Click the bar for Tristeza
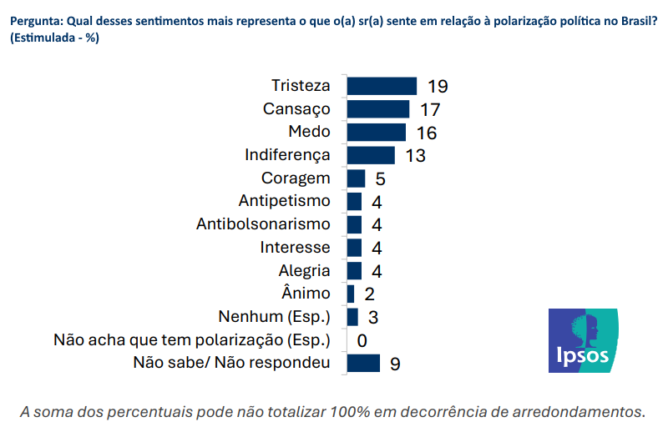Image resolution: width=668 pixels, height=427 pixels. tap(381, 86)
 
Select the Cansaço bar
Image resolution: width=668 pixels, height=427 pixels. tap(377, 109)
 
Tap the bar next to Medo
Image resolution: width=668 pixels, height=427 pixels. tap(376, 133)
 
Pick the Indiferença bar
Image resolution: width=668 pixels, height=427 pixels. tap(370, 155)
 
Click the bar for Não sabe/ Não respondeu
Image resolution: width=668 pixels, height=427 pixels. tap(362, 363)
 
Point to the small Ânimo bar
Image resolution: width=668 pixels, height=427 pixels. tap(350, 294)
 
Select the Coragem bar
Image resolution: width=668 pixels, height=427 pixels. tap(356, 178)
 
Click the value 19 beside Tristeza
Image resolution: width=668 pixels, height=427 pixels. tap(438, 87)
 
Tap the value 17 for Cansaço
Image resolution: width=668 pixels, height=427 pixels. tap(430, 109)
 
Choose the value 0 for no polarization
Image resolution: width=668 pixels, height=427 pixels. tap(362, 340)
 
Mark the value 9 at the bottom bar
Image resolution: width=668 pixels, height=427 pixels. tap(395, 364)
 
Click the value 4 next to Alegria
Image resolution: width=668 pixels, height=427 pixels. tap(376, 271)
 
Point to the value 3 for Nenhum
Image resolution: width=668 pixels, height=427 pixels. tap(372, 318)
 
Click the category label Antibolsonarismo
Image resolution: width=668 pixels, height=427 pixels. tap(263, 224)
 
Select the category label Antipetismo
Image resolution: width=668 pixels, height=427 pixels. tap(284, 201)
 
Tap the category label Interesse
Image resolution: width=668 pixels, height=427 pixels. tap(295, 248)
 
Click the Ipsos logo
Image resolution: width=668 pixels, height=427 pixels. tap(583, 340)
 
